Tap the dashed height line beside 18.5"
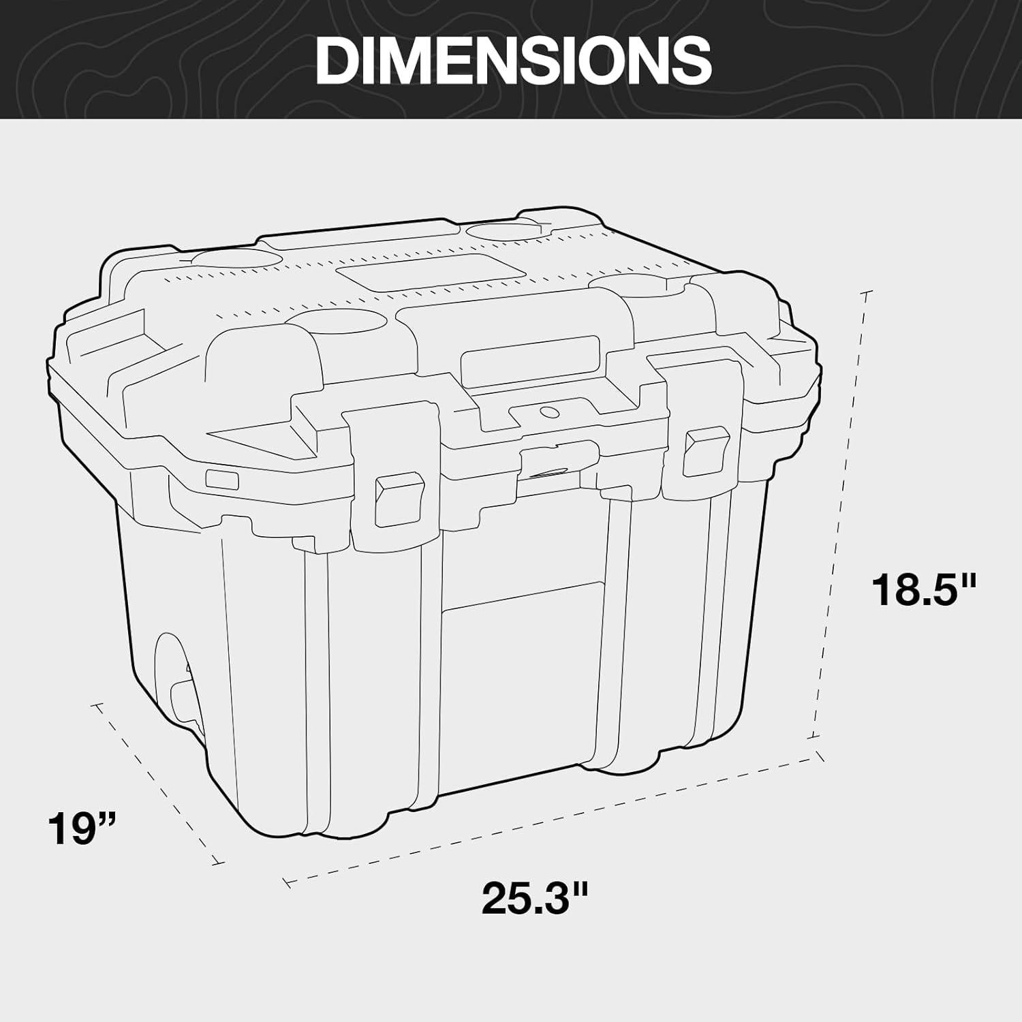[x=841, y=518]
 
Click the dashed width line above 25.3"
[x=552, y=818]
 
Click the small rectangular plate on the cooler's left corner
[x=221, y=480]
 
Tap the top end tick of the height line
[x=867, y=294]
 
